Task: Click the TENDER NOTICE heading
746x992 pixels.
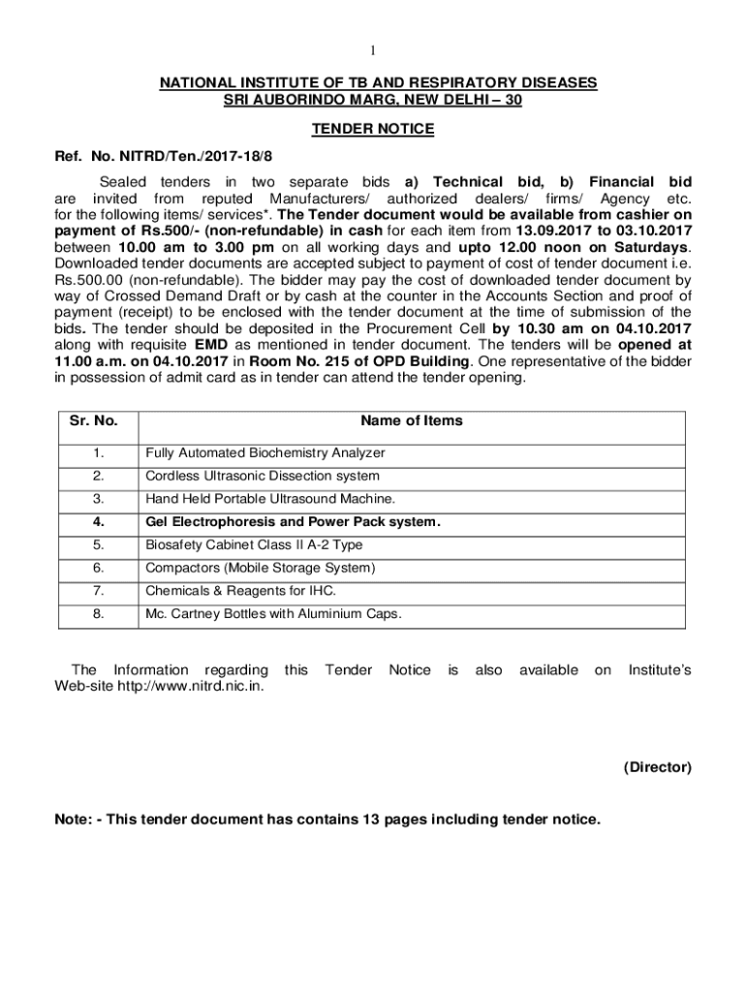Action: tap(373, 129)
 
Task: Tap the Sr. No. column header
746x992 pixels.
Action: tap(94, 421)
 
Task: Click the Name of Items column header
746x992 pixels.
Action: tap(412, 420)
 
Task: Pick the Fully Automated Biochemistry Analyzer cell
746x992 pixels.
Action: tap(265, 452)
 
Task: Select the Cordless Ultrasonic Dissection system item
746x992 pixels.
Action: tap(263, 476)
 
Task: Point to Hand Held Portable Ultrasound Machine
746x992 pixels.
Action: tap(270, 499)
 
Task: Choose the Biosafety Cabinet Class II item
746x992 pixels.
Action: tap(254, 544)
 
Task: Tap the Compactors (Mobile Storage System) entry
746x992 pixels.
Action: tap(260, 568)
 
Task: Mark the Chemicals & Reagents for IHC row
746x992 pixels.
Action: tap(241, 591)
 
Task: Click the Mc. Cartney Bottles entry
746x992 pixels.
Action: tap(273, 614)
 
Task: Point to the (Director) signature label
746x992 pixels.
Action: tap(657, 767)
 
